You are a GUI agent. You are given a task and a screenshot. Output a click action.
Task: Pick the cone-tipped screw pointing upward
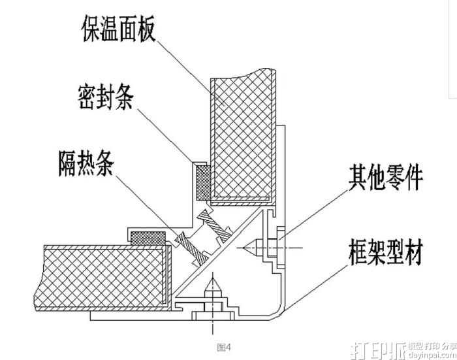pos(212,288)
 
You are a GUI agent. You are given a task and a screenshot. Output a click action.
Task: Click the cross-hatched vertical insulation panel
pos(242,137)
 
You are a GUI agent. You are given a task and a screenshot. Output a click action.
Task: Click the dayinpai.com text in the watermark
pos(432,355)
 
